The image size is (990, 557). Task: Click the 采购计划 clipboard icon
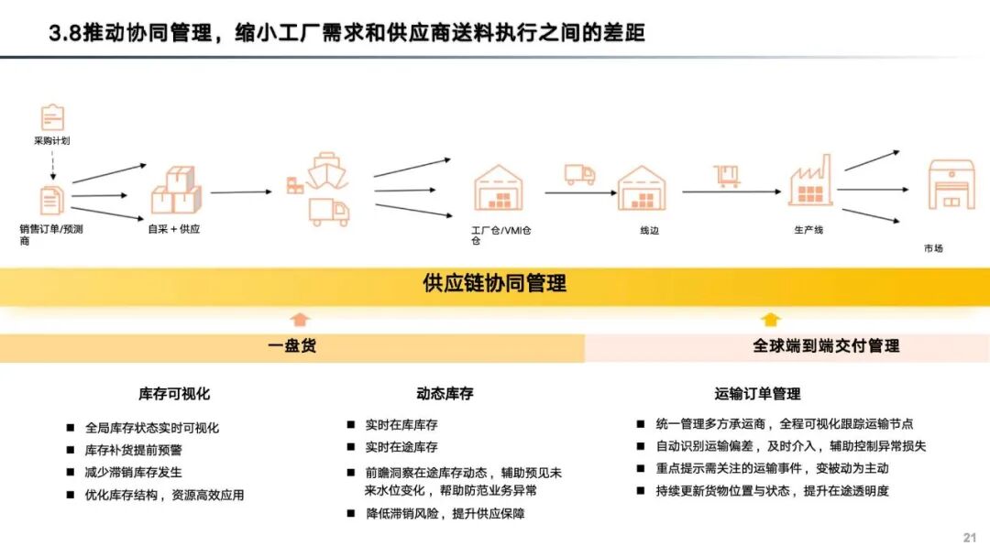point(52,117)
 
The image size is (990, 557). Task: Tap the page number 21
point(970,538)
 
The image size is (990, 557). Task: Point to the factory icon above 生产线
point(810,180)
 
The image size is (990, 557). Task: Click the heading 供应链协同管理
point(494,283)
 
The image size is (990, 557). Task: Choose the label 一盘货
point(292,346)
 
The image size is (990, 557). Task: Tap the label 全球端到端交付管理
point(826,346)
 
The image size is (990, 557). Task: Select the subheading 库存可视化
point(174,394)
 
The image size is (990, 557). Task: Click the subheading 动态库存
point(445,394)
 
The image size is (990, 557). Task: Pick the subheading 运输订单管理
point(757,394)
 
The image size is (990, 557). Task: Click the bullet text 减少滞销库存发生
point(133,472)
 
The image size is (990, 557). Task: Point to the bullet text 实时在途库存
point(401,447)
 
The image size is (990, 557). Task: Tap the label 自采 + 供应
point(174,229)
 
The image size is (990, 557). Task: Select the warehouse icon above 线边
point(642,188)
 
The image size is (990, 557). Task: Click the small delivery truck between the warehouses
point(579,174)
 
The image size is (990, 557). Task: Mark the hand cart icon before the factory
point(728,176)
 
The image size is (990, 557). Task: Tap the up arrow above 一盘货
point(300,320)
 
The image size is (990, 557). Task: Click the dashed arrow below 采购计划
point(52,166)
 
